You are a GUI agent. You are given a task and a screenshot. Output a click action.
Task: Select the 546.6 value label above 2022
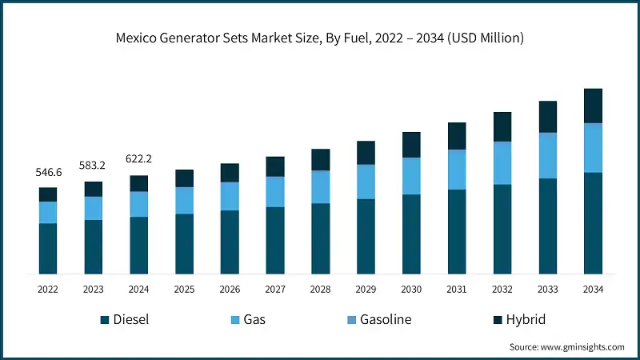(48, 173)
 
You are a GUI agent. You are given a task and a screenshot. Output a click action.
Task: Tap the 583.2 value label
(94, 166)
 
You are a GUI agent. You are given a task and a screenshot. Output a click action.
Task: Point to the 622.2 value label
(139, 158)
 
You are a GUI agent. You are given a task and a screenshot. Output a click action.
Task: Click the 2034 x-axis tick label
(593, 289)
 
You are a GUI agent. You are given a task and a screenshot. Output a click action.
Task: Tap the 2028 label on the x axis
(320, 289)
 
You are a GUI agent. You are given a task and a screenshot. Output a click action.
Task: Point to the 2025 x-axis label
(184, 289)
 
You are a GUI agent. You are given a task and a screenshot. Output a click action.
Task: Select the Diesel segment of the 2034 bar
(593, 223)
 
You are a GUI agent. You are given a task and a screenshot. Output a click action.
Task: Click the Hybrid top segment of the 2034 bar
(593, 106)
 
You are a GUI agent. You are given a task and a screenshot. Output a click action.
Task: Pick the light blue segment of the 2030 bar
(411, 176)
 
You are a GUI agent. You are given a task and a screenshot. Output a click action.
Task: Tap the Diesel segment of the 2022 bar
(48, 249)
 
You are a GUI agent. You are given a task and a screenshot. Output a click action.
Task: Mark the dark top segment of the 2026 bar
(230, 173)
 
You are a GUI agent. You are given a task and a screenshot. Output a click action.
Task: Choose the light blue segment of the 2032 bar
(502, 163)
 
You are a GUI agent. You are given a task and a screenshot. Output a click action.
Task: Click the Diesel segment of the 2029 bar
(366, 237)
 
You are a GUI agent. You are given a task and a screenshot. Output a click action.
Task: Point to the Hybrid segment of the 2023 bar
(94, 189)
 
